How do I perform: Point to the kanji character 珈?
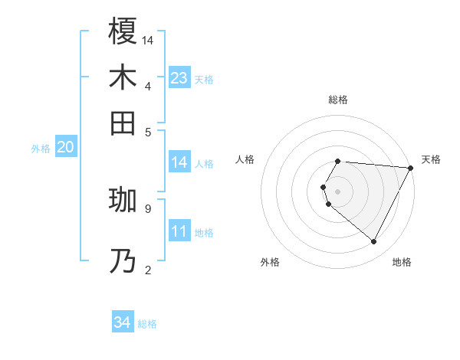coord(123,200)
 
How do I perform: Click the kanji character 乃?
coord(123,261)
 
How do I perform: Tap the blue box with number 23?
coord(179,77)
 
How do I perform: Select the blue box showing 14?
coord(179,162)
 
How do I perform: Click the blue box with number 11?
coord(179,231)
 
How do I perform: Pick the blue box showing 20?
coord(65,148)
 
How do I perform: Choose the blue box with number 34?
coord(123,322)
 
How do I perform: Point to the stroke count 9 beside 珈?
coord(147,208)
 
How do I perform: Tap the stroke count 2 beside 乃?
coord(147,269)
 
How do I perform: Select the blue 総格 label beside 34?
coord(147,324)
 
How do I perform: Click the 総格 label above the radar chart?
coord(337,100)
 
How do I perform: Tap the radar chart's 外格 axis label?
coord(270,262)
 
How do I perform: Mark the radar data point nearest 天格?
coord(411,169)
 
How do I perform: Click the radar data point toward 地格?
coord(374,242)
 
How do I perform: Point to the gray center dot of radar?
coord(337,191)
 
